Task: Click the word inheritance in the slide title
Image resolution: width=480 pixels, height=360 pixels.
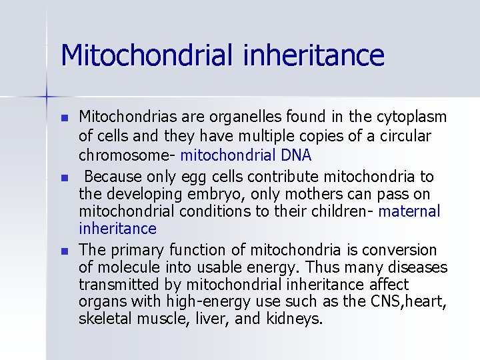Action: click(x=314, y=55)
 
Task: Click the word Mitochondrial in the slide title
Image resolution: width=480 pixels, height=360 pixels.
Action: click(x=148, y=55)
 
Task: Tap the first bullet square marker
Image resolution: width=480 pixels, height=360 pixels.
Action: click(x=64, y=119)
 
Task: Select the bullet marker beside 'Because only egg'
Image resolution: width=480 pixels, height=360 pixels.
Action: click(x=64, y=178)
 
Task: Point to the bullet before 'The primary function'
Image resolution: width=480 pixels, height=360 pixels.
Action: click(x=64, y=251)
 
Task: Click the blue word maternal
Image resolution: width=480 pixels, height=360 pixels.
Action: click(x=409, y=212)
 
